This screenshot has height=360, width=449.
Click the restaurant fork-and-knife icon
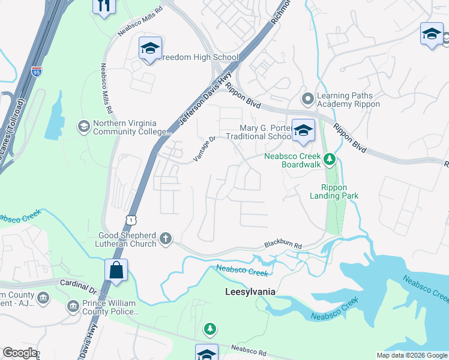(x=104, y=7)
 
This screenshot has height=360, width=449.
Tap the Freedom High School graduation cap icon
(x=150, y=49)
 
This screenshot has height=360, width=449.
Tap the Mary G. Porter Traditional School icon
(x=303, y=131)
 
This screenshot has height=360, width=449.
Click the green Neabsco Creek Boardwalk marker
(x=329, y=160)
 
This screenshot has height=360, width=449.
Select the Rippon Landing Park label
(x=334, y=191)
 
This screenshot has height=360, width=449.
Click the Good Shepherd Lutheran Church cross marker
(x=166, y=239)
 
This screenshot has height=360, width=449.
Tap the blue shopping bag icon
(x=116, y=271)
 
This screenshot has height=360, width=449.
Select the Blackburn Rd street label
(x=282, y=245)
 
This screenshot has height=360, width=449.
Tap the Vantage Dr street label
(x=205, y=147)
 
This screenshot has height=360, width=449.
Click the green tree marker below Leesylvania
(x=209, y=328)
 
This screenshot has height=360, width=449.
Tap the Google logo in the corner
(x=20, y=353)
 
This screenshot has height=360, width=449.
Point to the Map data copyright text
(x=411, y=355)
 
